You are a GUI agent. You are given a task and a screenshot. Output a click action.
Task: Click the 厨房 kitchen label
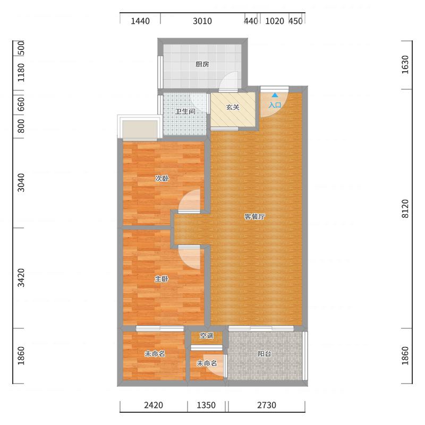click(202, 64)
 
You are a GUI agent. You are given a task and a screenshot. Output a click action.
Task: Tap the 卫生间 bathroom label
click(185, 112)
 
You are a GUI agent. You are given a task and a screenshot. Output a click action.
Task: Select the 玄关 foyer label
click(233, 107)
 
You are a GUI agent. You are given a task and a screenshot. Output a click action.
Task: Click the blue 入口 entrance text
click(275, 105)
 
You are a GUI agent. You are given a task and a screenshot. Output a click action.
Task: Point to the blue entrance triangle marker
click(275, 95)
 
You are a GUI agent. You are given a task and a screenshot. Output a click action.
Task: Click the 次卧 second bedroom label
click(162, 178)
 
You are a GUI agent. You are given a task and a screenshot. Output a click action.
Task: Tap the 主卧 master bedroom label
click(162, 278)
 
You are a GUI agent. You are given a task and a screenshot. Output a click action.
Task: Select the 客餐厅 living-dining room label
click(255, 217)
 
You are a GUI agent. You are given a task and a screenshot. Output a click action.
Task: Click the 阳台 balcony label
click(264, 354)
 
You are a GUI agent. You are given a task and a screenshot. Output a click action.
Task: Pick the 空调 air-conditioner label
click(207, 336)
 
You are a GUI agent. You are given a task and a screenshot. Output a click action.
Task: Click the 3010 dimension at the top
click(202, 21)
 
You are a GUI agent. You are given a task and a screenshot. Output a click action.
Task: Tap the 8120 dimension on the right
click(405, 209)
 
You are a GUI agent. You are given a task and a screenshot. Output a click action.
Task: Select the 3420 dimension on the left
click(21, 277)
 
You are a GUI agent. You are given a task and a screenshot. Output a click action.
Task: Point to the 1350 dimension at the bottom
click(206, 405)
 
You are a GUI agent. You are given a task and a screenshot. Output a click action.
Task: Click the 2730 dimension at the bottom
click(267, 405)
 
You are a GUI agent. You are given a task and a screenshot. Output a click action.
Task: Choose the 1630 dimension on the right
click(405, 64)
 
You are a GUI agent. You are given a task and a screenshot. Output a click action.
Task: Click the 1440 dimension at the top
click(140, 21)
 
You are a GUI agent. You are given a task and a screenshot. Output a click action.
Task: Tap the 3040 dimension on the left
click(21, 183)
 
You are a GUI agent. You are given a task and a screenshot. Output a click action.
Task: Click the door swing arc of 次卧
click(184, 195)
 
